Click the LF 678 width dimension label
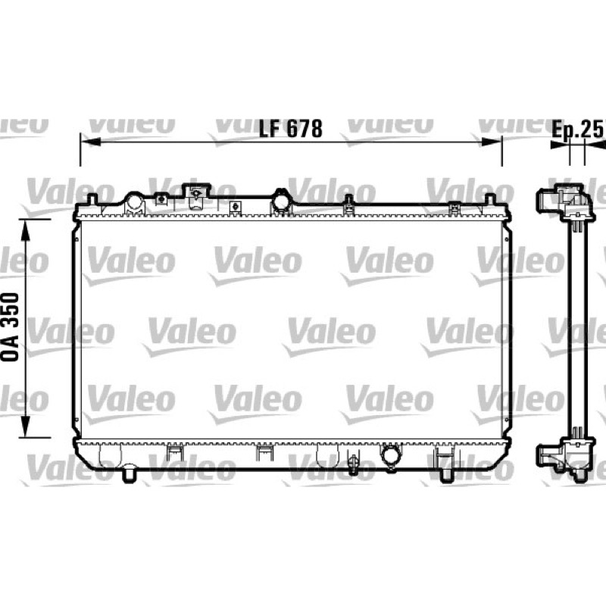point(290,129)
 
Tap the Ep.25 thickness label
point(578,130)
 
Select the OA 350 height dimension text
point(10,327)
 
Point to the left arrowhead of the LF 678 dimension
point(90,142)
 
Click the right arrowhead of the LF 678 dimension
point(492,142)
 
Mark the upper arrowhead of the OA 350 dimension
point(25,230)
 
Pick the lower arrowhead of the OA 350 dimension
point(25,426)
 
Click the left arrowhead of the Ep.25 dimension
point(560,145)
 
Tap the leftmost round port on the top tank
point(134,202)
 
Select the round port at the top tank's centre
point(281,201)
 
